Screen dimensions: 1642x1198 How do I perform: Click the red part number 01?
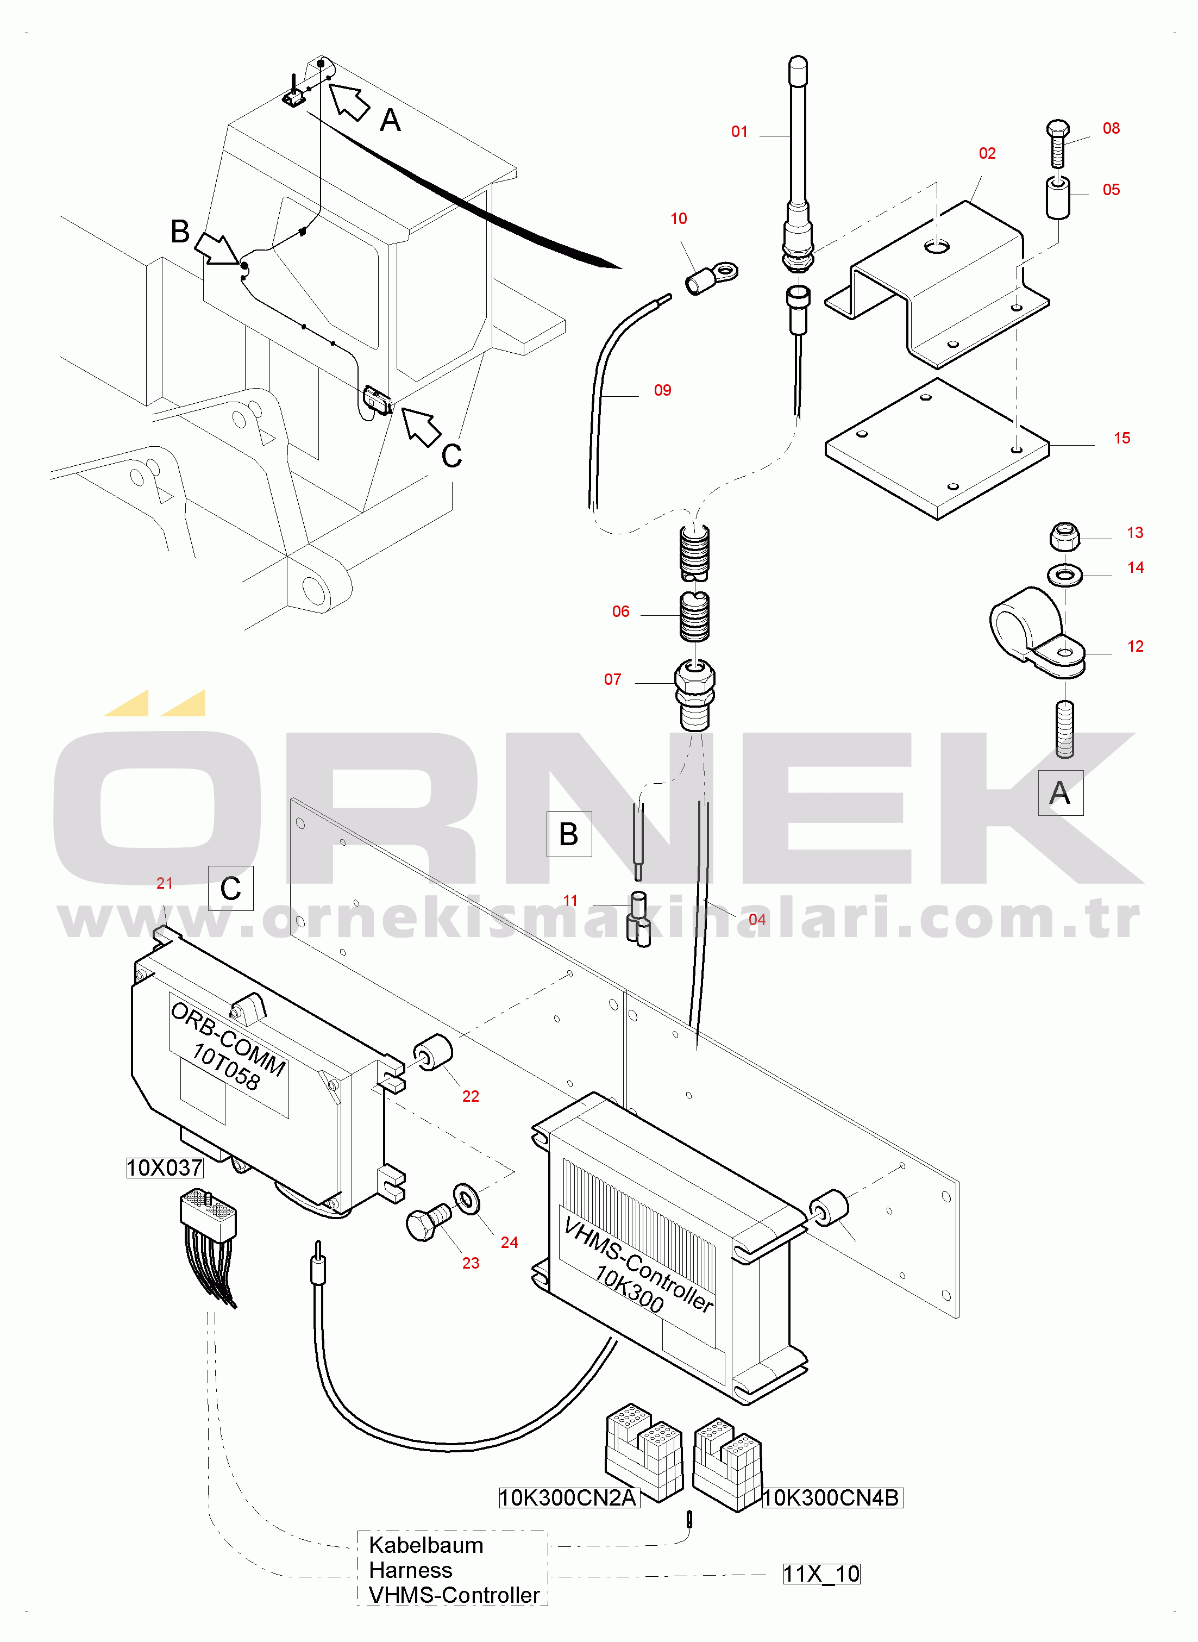(739, 132)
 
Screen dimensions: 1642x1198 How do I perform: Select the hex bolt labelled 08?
(1058, 143)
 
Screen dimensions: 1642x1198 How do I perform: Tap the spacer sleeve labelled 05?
(1058, 197)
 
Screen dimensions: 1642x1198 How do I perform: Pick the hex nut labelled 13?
(1064, 536)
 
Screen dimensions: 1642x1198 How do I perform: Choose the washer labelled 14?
(1064, 576)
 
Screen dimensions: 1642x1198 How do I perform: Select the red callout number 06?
(621, 611)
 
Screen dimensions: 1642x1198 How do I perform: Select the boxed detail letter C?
(230, 888)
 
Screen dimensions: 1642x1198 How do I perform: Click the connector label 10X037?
(165, 1167)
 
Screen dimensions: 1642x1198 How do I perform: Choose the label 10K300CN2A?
(568, 1497)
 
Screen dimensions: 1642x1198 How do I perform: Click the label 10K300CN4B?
(832, 1497)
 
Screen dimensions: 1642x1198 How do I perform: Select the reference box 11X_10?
(821, 1574)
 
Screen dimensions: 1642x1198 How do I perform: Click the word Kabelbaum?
(425, 1545)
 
